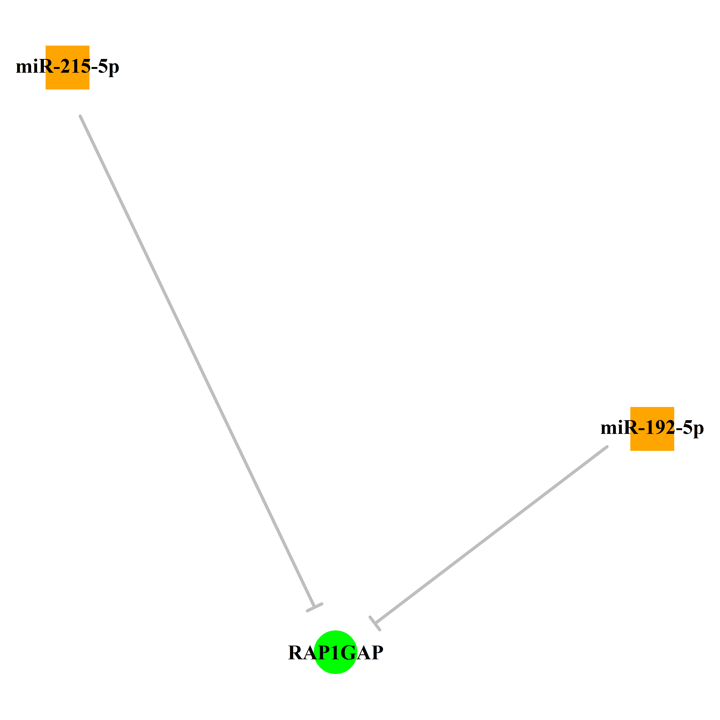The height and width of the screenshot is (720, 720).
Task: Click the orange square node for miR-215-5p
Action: click(x=67, y=67)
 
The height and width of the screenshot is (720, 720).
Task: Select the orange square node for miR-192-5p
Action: click(x=652, y=429)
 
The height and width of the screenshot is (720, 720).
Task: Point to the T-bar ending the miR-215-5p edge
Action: click(x=315, y=607)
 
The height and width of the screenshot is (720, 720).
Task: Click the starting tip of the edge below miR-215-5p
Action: click(x=80, y=116)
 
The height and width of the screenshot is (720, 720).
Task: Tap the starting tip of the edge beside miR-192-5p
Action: click(x=607, y=446)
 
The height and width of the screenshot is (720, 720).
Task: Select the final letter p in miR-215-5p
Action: click(x=114, y=69)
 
